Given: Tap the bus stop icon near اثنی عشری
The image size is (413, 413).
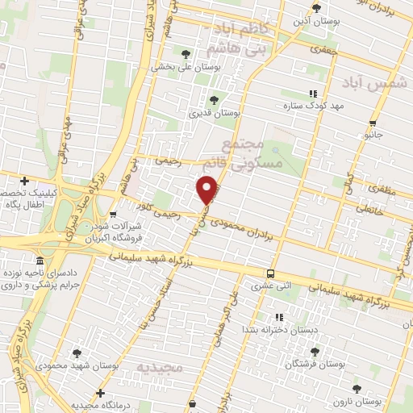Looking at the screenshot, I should pyautogui.click(x=270, y=273).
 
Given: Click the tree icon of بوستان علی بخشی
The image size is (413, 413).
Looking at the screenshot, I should pyautogui.click(x=186, y=54).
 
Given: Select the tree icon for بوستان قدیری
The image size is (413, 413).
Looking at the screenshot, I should pyautogui.click(x=214, y=100).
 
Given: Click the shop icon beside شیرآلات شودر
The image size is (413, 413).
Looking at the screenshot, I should pyautogui.click(x=112, y=215).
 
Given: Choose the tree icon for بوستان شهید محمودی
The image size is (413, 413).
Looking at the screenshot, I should pyautogui.click(x=77, y=353).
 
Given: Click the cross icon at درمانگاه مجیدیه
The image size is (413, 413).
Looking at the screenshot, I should pyautogui.click(x=99, y=393).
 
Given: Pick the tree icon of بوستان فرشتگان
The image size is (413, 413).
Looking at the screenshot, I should pyautogui.click(x=315, y=352).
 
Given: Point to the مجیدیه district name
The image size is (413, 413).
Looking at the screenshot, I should pyautogui.click(x=161, y=367).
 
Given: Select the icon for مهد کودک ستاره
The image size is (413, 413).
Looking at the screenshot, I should pyautogui.click(x=312, y=94).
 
